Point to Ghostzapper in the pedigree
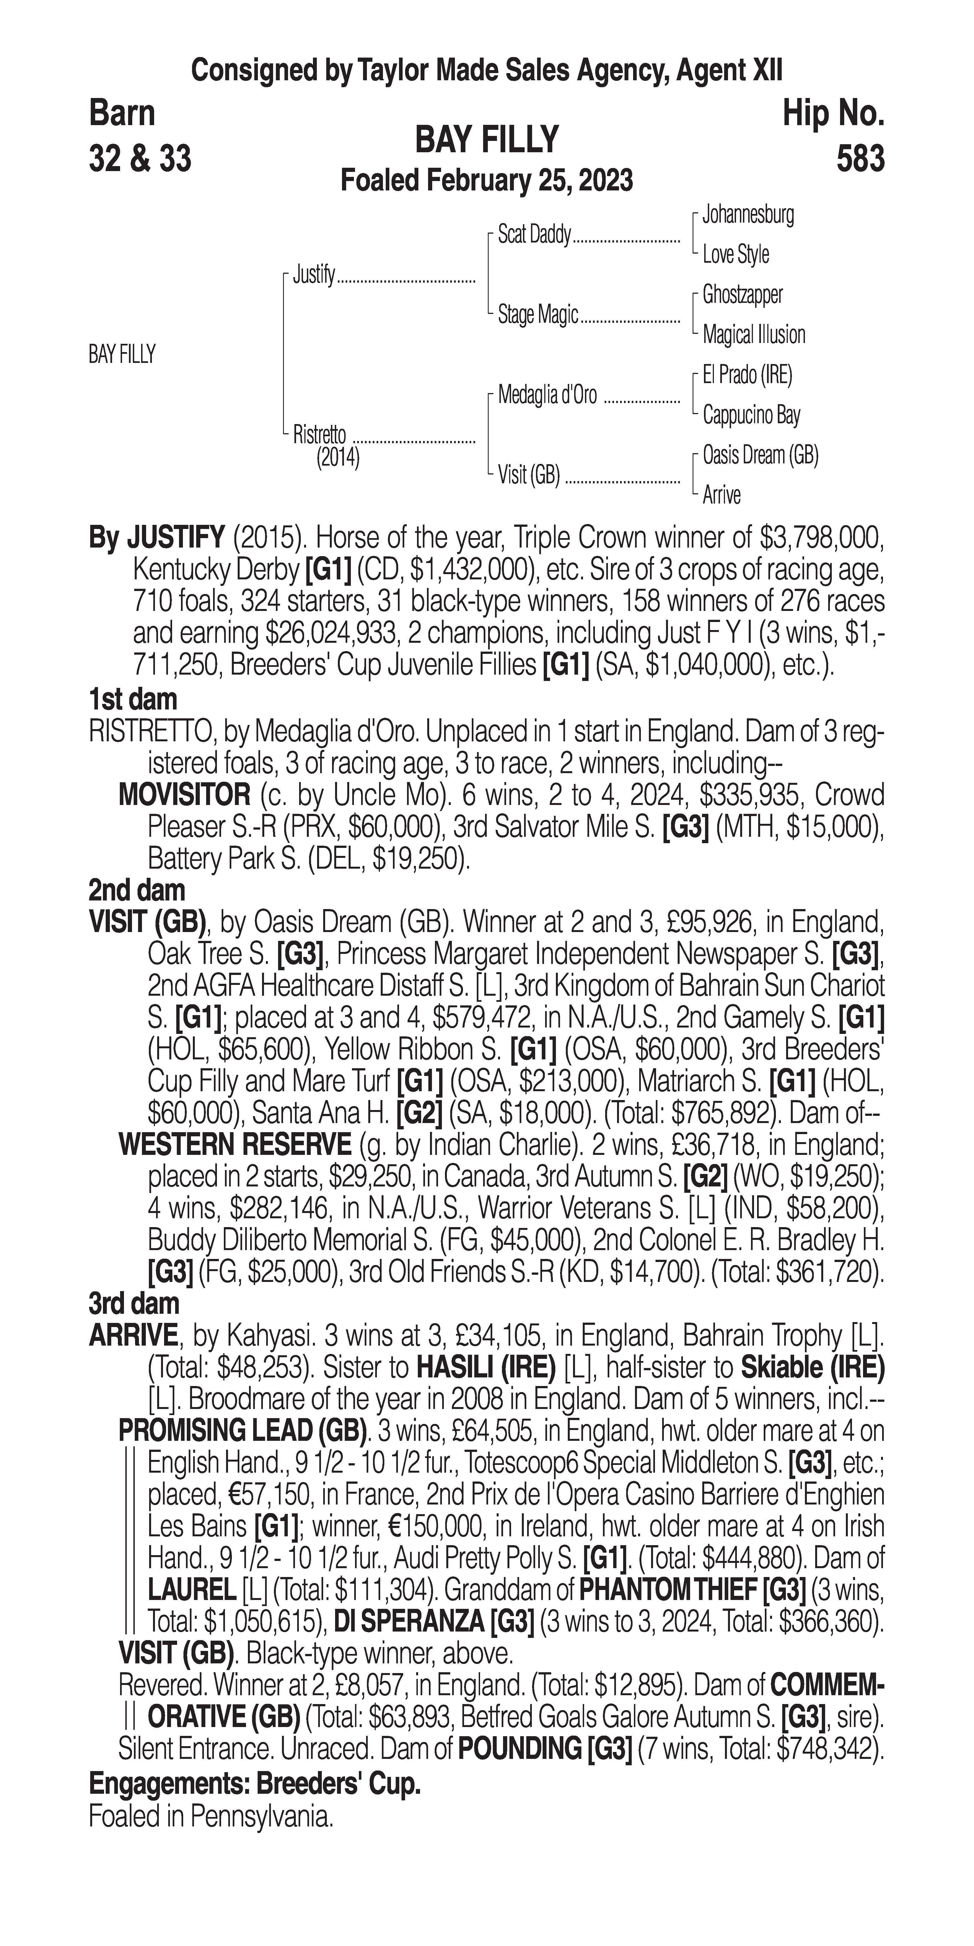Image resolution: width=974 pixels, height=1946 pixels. coord(742,295)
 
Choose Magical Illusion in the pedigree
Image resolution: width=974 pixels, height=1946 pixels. coord(753,335)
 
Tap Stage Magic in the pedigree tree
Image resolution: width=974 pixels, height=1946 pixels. coord(538,314)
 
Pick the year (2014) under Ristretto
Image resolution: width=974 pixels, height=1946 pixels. coord(338,458)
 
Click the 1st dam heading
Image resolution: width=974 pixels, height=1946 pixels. coord(133,700)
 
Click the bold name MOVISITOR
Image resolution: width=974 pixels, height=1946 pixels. coord(184,795)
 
